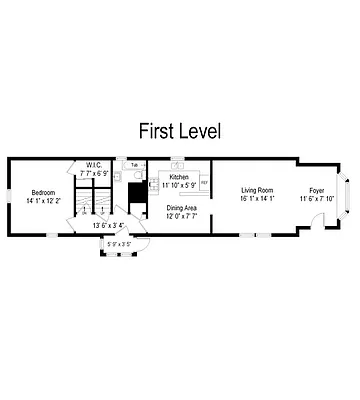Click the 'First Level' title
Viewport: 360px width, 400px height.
point(180,131)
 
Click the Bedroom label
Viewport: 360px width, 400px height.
point(42,192)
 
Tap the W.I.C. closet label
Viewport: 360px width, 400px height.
point(95,166)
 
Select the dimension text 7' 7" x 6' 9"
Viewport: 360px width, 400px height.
point(95,173)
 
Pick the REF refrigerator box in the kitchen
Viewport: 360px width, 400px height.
point(204,183)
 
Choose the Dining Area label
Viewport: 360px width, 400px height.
point(182,208)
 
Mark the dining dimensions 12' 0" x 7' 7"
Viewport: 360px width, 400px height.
point(182,216)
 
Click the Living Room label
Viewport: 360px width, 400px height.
point(257,190)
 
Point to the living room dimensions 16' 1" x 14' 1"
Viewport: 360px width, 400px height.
point(257,198)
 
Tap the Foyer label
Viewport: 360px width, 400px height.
point(317,190)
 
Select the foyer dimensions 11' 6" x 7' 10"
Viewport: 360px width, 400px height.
point(317,198)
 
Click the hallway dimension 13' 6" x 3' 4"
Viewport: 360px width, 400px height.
point(108,225)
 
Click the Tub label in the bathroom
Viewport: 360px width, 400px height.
point(134,163)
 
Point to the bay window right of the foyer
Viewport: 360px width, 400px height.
point(347,196)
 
